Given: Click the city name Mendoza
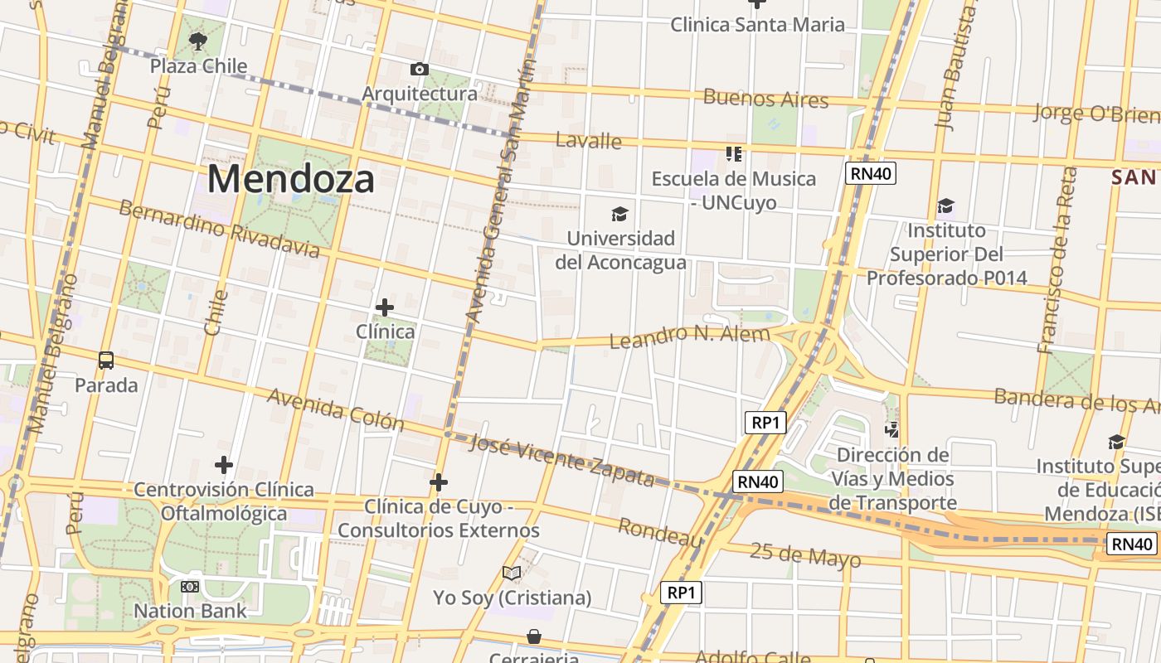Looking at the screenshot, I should [290, 179].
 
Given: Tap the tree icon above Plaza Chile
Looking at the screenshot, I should [197, 41].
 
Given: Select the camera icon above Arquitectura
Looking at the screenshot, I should [420, 69].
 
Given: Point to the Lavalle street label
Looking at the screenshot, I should [589, 140].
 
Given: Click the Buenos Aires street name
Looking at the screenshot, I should [765, 99].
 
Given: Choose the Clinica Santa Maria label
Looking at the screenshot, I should [757, 24].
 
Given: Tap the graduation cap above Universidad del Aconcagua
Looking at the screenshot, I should [619, 215].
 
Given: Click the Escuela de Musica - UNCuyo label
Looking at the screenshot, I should [733, 191].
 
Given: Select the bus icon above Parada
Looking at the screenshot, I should [106, 361].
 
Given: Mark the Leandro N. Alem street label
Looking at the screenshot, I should [689, 336].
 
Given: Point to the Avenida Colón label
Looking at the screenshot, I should [335, 409].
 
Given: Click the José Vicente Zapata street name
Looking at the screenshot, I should [561, 461].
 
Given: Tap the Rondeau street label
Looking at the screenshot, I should [661, 532].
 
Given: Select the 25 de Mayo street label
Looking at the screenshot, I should [805, 554].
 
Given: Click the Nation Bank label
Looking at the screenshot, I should [191, 612].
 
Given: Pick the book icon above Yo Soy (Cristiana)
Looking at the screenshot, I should [512, 573].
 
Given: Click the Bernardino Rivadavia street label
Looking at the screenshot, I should [219, 228].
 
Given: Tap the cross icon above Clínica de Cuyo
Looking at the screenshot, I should [439, 482].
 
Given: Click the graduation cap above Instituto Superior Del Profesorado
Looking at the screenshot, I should [945, 206].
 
